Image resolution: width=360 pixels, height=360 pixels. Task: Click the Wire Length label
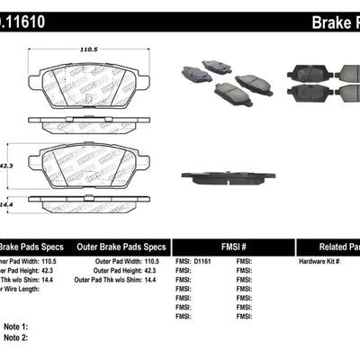(18, 291)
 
